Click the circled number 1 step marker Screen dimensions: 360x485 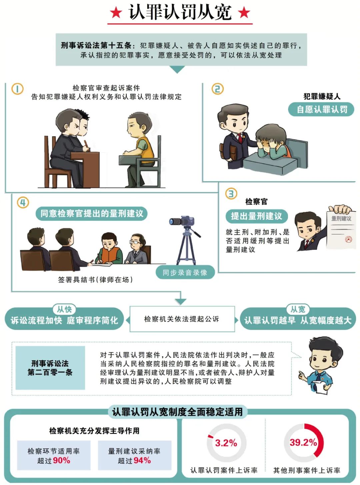click(x=17, y=89)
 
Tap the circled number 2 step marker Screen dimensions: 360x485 click(x=217, y=89)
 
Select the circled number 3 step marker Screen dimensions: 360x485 click(x=231, y=194)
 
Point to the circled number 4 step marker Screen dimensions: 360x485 click(x=23, y=203)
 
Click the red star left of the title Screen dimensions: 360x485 click(x=116, y=12)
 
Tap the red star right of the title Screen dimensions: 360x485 click(x=244, y=12)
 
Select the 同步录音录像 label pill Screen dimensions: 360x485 click(x=185, y=272)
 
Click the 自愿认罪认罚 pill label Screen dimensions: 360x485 click(x=321, y=109)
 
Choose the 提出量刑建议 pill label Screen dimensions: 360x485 click(x=256, y=216)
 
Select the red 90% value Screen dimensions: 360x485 click(x=61, y=460)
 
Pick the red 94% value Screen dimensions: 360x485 click(x=142, y=460)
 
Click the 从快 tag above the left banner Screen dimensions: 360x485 click(x=64, y=309)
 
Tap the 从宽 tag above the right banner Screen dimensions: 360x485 click(x=298, y=309)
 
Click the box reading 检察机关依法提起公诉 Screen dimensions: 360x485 click(x=182, y=319)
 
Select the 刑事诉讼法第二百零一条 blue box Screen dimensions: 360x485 click(x=50, y=368)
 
